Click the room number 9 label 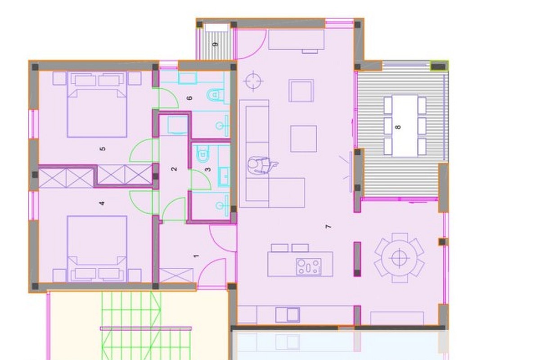(x=216, y=45)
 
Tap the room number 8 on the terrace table (x=398, y=127)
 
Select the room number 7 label (x=328, y=227)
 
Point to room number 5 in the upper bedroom (x=103, y=149)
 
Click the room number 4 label (x=102, y=203)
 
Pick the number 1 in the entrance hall (x=197, y=256)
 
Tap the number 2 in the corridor (x=174, y=169)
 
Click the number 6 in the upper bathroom (x=190, y=98)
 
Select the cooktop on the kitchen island (x=309, y=267)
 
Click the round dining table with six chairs (x=399, y=258)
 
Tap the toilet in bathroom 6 (x=215, y=95)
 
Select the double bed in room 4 (x=97, y=249)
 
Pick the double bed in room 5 (x=97, y=104)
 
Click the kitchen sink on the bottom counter (x=288, y=315)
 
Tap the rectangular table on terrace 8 (x=405, y=126)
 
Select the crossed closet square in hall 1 (x=176, y=275)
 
